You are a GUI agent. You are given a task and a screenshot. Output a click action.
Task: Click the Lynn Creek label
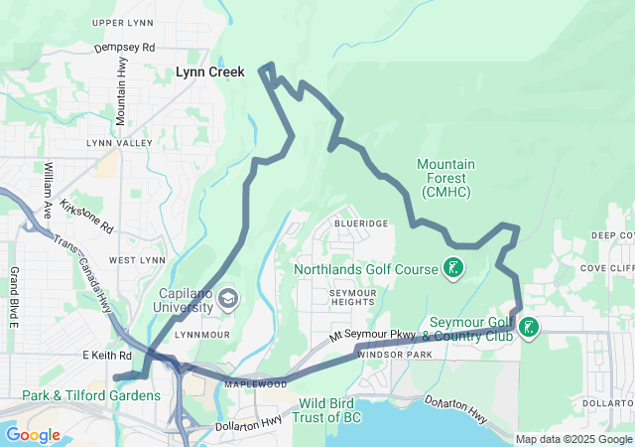click(209, 73)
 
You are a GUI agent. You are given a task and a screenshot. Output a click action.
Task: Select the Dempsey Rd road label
click(125, 47)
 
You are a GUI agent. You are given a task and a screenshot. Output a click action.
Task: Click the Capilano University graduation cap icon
click(229, 299)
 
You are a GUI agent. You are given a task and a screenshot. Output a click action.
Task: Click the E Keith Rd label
click(106, 355)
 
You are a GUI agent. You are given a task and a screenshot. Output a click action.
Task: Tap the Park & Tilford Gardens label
click(90, 395)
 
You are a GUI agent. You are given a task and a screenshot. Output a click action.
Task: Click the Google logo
click(33, 435)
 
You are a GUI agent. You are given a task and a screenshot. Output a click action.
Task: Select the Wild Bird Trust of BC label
click(354, 411)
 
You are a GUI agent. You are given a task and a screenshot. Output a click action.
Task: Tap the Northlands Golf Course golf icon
click(452, 268)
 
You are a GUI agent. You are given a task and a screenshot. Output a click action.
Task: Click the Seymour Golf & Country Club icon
click(529, 327)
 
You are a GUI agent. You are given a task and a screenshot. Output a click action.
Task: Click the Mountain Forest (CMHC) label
click(445, 177)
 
